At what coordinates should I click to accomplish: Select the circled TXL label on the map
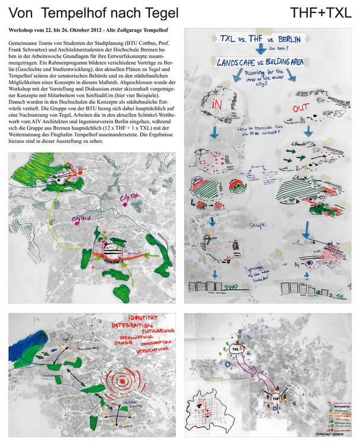pos(237,349)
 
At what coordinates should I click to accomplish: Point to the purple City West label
pos(79,220)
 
